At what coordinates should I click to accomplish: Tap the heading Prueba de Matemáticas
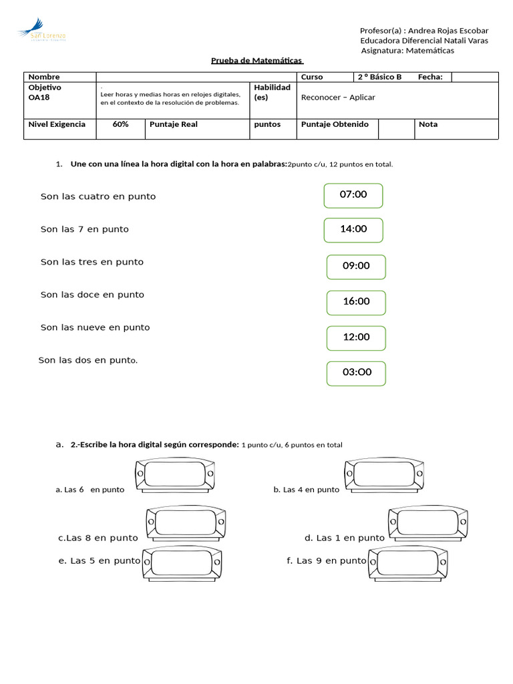pyautogui.click(x=257, y=61)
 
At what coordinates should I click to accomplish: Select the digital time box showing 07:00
pyautogui.click(x=353, y=196)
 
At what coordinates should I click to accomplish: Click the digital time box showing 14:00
pyautogui.click(x=353, y=230)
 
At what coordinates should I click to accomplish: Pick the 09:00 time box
pyautogui.click(x=356, y=267)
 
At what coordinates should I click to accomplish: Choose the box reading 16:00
pyautogui.click(x=356, y=303)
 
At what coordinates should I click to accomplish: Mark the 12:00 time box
pyautogui.click(x=356, y=338)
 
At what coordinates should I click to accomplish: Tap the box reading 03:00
pyautogui.click(x=356, y=373)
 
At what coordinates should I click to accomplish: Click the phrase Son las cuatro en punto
pyautogui.click(x=98, y=197)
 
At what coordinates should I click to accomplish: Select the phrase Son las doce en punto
pyautogui.click(x=92, y=295)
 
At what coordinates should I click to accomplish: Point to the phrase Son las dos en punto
pyautogui.click(x=88, y=360)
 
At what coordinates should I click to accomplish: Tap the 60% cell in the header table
pyautogui.click(x=120, y=124)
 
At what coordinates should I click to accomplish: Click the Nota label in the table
pyautogui.click(x=428, y=124)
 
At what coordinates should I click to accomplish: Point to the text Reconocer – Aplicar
pyautogui.click(x=338, y=98)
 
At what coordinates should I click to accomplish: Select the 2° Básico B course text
pyautogui.click(x=379, y=77)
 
